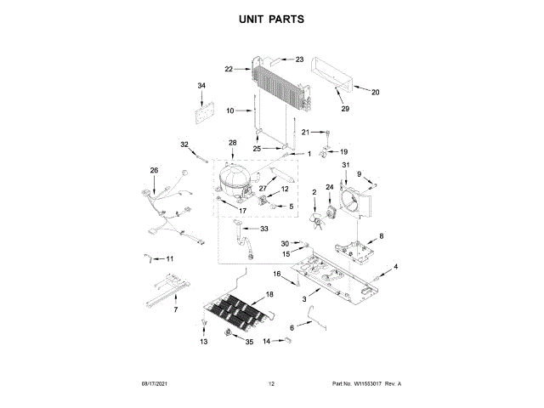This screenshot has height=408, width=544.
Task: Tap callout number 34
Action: point(201,86)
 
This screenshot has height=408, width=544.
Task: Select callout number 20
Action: point(376,92)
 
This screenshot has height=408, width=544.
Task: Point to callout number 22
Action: point(229,69)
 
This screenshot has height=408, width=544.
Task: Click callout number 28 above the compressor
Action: point(232,142)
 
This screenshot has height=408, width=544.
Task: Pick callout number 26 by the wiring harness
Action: point(154,170)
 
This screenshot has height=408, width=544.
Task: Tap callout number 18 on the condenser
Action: point(270,294)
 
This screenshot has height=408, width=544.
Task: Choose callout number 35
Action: point(249,342)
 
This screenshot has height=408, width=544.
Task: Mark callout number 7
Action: point(176,310)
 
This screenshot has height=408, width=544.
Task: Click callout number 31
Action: point(346,164)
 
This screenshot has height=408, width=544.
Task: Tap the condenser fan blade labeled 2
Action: point(318,223)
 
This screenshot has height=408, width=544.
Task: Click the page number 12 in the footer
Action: point(271,384)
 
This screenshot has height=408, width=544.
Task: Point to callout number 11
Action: point(168,258)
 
